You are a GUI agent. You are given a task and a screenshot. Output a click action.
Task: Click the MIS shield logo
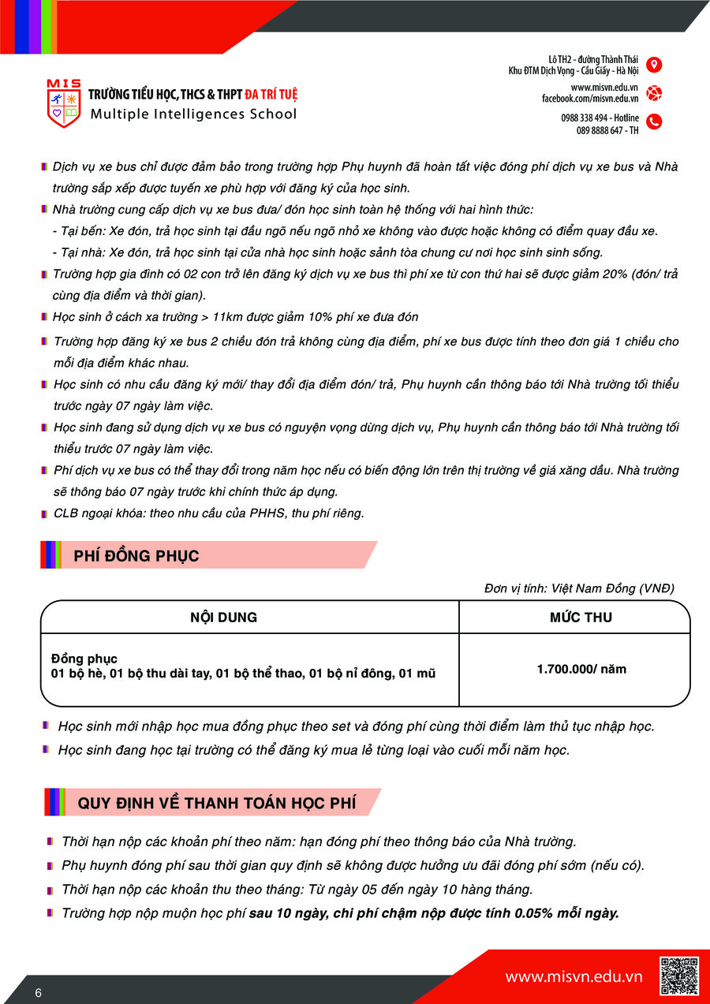[x=64, y=103]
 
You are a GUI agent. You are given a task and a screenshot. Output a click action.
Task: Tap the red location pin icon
[x=654, y=65]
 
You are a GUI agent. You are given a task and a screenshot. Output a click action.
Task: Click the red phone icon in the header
[x=654, y=121]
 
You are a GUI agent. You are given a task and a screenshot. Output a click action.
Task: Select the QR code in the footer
[x=679, y=976]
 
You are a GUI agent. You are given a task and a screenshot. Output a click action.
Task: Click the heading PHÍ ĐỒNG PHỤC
[x=136, y=556]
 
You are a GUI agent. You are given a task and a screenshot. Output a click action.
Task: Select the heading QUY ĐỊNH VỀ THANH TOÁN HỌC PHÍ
[x=216, y=803]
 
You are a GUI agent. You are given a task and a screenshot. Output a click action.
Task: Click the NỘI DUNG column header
[x=223, y=618]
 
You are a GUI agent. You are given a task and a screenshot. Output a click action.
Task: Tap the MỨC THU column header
[x=581, y=618]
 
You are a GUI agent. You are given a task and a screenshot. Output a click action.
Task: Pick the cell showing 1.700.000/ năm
[x=581, y=669]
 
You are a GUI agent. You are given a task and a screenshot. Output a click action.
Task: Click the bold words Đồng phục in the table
[x=84, y=659]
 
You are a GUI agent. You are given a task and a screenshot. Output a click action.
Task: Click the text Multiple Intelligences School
[x=193, y=114]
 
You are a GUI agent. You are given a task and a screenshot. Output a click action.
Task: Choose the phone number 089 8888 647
[x=599, y=130]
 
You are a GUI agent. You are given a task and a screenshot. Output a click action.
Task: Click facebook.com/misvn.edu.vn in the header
[x=589, y=99]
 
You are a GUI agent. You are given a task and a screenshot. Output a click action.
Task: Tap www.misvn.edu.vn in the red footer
[x=574, y=977]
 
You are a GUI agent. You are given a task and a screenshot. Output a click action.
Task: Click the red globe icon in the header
[x=654, y=93]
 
